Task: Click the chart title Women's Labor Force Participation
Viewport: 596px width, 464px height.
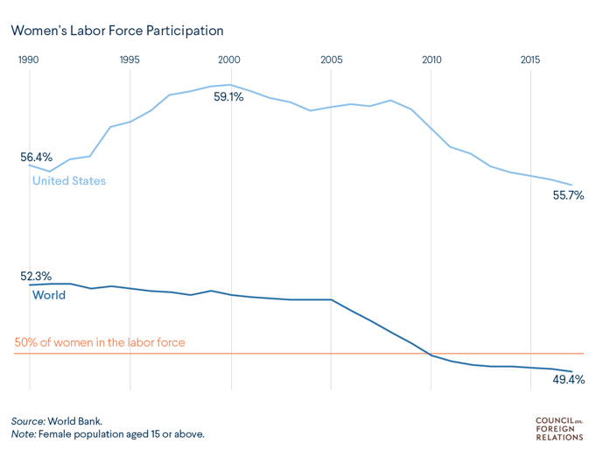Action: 117,31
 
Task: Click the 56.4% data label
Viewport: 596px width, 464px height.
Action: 37,158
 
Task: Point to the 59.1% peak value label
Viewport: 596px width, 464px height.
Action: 228,97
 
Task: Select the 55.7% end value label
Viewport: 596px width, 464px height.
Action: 568,195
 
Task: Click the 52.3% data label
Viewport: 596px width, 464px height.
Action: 37,276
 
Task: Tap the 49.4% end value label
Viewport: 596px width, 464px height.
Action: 568,380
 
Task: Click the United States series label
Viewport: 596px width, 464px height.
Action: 69,181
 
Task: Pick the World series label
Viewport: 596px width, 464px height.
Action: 49,295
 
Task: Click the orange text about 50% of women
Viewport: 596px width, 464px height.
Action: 100,342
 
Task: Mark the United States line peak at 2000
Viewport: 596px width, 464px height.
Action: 230,85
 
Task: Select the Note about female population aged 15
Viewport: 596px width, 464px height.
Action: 108,433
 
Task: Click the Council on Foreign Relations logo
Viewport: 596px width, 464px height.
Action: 559,428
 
